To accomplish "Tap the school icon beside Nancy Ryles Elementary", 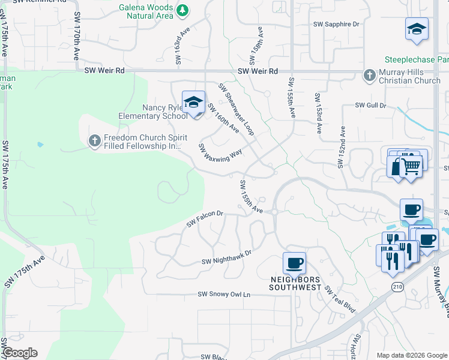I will [194, 103].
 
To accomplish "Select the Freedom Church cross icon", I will [94, 140].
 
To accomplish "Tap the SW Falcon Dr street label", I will [205, 218].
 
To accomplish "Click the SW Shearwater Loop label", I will [236, 108].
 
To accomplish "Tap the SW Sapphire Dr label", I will [336, 25].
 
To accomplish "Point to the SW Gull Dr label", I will [370, 105].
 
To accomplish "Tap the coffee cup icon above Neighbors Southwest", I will [294, 262].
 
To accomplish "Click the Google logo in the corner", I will [20, 353].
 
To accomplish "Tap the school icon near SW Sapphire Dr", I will [416, 28].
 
